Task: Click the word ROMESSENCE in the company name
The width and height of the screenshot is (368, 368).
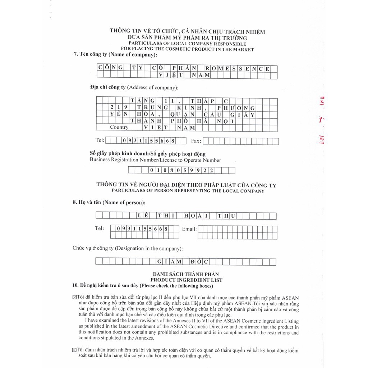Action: click(x=237, y=68)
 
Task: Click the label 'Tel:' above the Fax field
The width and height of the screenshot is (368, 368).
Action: click(x=100, y=140)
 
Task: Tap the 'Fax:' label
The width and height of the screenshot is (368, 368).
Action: click(x=197, y=141)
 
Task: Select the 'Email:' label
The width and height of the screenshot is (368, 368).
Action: click(x=189, y=229)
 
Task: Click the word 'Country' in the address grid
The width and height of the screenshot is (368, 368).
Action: click(x=119, y=127)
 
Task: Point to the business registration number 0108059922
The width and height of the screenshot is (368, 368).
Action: click(x=182, y=170)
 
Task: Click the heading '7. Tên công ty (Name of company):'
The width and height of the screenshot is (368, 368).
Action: click(x=115, y=55)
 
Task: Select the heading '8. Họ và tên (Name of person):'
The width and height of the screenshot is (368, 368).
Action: click(x=109, y=202)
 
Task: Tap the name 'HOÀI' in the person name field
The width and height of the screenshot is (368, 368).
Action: click(x=197, y=216)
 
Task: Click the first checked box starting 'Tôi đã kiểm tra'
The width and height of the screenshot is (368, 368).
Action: click(x=74, y=298)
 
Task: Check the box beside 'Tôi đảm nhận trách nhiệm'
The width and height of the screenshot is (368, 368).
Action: click(x=74, y=350)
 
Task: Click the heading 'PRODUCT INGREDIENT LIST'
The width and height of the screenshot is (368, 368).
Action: click(x=186, y=280)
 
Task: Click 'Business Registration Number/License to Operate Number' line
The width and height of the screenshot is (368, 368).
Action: click(x=155, y=160)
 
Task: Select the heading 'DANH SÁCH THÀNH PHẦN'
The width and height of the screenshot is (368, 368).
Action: click(x=186, y=275)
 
